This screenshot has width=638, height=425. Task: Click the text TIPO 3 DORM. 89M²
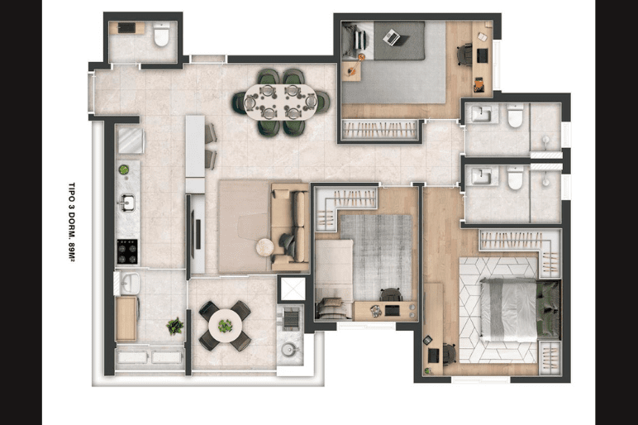pyautogui.click(x=73, y=222)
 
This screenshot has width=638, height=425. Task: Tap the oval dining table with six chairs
pyautogui.click(x=281, y=102)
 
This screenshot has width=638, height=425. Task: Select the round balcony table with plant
pyautogui.click(x=225, y=326)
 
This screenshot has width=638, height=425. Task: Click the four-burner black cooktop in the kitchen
pyautogui.click(x=127, y=251)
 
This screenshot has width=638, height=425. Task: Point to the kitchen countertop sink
pyautogui.click(x=126, y=202)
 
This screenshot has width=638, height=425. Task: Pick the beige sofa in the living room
pyautogui.click(x=290, y=227)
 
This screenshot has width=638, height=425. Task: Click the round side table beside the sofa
pyautogui.click(x=265, y=247)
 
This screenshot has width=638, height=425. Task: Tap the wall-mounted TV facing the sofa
pyautogui.click(x=198, y=234)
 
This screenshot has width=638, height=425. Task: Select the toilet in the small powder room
pyautogui.click(x=161, y=35)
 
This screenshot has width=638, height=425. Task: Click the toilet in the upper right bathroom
pyautogui.click(x=515, y=116)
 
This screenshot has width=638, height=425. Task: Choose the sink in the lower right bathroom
pyautogui.click(x=482, y=177)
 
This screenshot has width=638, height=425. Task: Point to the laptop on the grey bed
pyautogui.click(x=392, y=37)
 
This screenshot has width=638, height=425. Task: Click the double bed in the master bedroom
pyautogui.click(x=520, y=310)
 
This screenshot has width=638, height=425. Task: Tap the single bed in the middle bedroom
pyautogui.click(x=334, y=279)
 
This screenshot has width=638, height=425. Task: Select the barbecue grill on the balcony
pyautogui.click(x=290, y=318)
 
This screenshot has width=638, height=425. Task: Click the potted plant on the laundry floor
pyautogui.click(x=175, y=326)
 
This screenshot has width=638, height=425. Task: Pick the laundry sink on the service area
pyautogui.click(x=130, y=283)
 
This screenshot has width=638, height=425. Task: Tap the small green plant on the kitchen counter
pyautogui.click(x=124, y=170)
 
